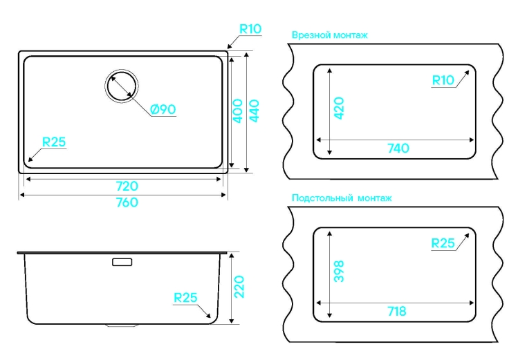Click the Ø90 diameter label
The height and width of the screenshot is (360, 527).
(x=163, y=108)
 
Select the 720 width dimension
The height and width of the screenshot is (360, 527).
(x=127, y=186)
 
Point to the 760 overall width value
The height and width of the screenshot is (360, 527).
(x=127, y=202)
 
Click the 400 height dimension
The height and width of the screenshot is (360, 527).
(x=237, y=111)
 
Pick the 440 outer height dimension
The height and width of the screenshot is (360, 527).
(x=254, y=111)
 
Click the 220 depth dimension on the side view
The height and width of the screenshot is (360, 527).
(x=239, y=287)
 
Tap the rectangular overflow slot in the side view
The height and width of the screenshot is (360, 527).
(x=122, y=262)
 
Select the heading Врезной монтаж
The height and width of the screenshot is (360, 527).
(x=330, y=35)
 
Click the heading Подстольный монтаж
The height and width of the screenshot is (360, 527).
(x=342, y=198)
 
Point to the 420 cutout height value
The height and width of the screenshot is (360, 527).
(x=339, y=108)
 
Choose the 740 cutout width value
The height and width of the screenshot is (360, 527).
(x=398, y=148)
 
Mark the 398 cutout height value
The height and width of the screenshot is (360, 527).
(x=339, y=271)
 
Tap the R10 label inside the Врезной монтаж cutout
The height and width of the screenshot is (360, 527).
(x=443, y=80)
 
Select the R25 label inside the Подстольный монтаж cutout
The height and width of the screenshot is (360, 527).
(x=443, y=243)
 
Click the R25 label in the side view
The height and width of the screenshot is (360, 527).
(x=185, y=298)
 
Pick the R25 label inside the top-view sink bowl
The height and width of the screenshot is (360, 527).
(x=54, y=142)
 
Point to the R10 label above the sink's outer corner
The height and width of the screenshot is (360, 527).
(x=250, y=29)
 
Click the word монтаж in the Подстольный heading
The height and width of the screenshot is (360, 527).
(x=374, y=198)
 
